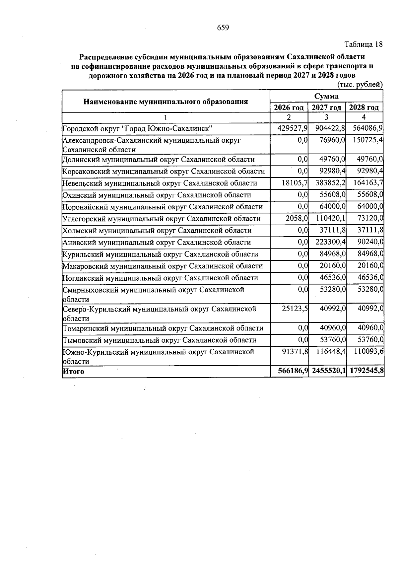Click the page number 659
223,28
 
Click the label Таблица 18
364,44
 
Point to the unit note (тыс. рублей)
360,85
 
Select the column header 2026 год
289,107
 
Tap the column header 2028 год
364,107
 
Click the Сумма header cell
327,96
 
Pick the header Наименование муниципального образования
166,102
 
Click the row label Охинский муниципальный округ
157,195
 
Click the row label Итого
74,372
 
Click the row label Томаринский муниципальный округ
163,328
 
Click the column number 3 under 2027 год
326,117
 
